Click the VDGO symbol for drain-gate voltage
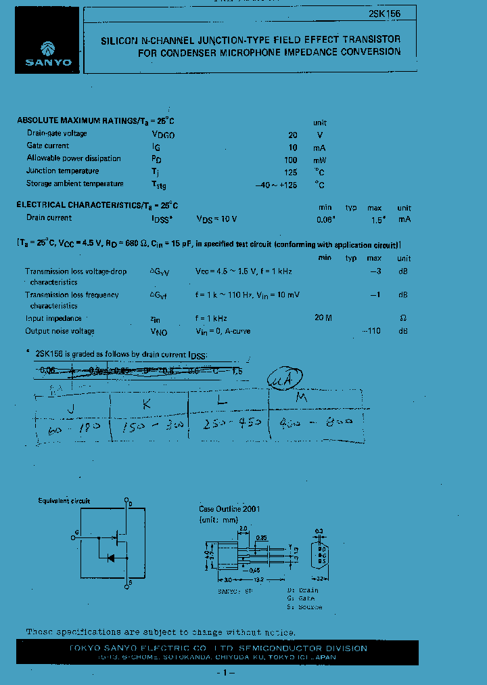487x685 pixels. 163,135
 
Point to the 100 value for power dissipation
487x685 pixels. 290,160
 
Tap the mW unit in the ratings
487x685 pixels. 319,160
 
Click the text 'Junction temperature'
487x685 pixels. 63,171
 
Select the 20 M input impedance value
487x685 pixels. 323,318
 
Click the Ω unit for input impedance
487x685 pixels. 404,318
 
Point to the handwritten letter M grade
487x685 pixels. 301,398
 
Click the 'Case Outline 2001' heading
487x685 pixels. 229,508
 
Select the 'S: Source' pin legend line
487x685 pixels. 304,607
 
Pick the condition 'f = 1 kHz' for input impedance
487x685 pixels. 212,318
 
